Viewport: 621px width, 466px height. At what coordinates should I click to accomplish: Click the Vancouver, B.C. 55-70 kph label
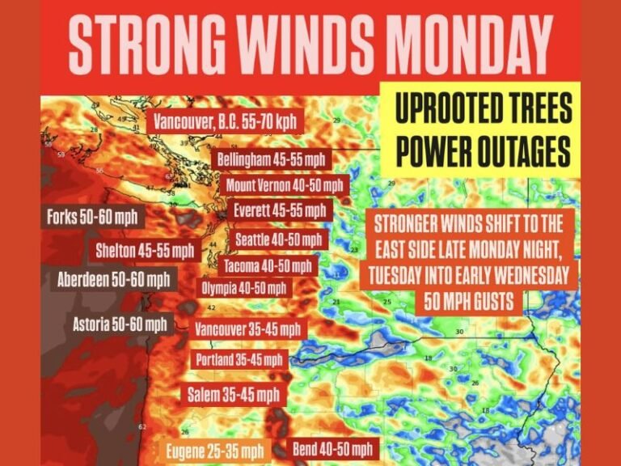point(226,123)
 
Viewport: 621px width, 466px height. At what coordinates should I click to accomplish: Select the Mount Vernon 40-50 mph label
point(285,185)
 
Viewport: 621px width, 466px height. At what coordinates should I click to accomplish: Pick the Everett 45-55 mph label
point(280,210)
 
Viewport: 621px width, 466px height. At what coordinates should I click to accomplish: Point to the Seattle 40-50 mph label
point(279,239)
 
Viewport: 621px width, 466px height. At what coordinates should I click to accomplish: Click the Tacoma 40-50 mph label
point(267,265)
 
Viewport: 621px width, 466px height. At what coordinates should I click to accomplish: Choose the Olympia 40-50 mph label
point(243,287)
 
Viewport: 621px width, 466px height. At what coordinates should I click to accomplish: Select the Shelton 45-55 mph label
point(145,250)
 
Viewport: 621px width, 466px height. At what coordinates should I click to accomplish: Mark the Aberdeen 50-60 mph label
point(114,280)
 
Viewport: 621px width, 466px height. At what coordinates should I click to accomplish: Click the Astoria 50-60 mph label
point(120,324)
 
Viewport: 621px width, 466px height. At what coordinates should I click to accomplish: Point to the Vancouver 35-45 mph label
point(247,330)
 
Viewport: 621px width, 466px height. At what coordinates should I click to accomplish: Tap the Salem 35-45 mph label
point(233,395)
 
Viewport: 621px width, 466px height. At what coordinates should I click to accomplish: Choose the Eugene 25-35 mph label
point(215,450)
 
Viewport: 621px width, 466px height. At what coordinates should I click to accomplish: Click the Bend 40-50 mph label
point(333,448)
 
